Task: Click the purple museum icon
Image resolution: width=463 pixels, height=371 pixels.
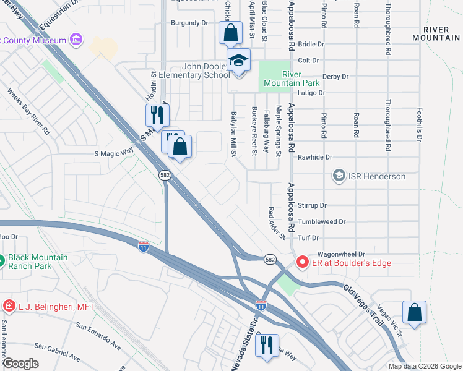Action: click(76, 41)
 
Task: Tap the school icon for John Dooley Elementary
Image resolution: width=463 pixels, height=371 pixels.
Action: click(238, 61)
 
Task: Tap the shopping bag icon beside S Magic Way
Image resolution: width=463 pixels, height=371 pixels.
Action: click(180, 147)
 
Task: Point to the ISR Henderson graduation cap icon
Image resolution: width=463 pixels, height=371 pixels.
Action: click(339, 177)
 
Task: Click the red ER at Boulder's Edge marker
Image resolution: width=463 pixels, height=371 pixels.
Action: click(303, 263)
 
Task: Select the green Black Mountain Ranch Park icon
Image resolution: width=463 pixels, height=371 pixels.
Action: click(2, 262)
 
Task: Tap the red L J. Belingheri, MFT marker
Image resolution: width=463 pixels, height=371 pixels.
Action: click(9, 306)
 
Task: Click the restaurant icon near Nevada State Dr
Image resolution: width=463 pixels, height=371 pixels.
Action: click(267, 345)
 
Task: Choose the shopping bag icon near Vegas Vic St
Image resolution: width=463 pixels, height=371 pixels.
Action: click(414, 312)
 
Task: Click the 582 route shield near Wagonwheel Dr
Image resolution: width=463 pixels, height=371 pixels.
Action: click(269, 260)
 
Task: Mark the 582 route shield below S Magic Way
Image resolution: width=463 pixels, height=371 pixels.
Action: click(164, 176)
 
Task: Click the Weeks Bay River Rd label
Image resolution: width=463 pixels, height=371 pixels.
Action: click(28, 111)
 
